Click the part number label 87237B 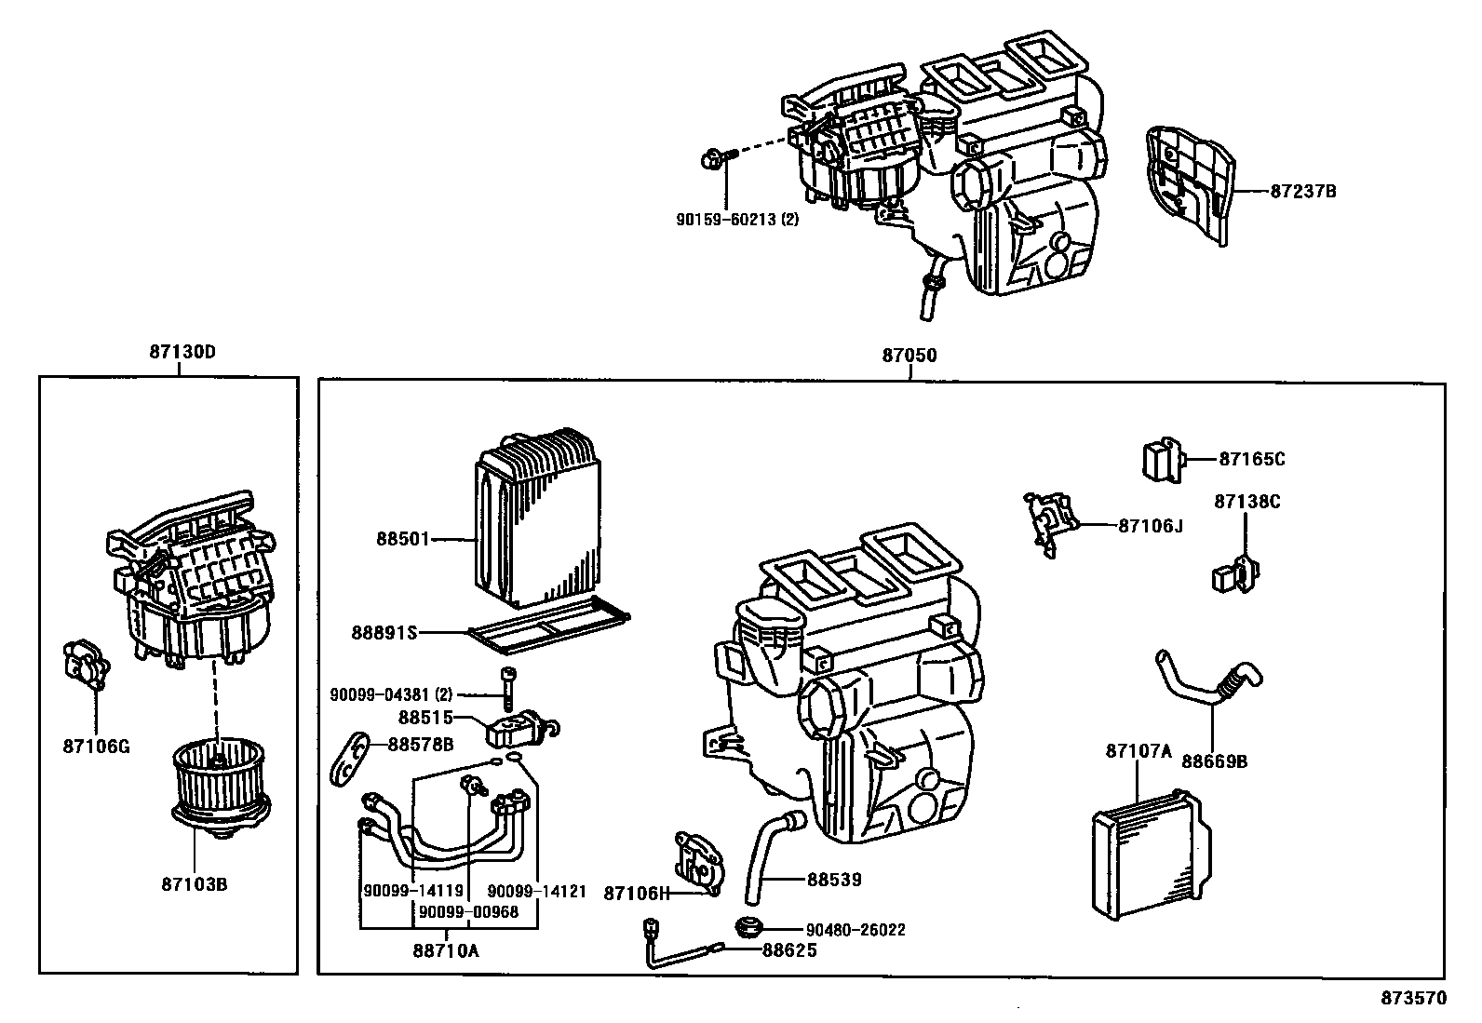tap(1303, 191)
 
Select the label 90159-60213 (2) tap(737, 221)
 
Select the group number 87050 tap(909, 356)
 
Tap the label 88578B tap(421, 744)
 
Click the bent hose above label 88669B tap(1210, 681)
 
